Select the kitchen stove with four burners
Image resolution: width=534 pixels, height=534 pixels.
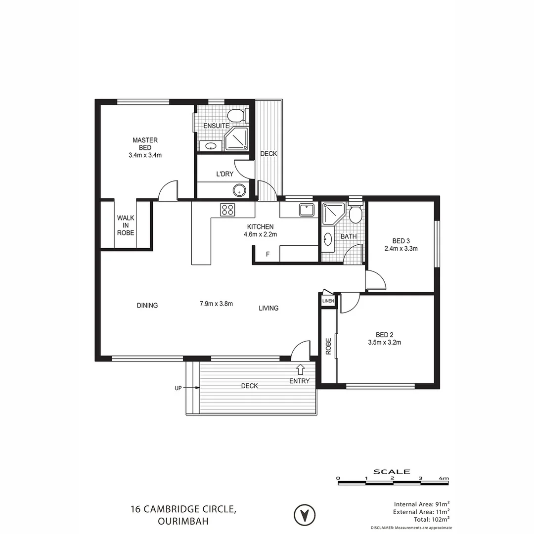(x=227, y=210)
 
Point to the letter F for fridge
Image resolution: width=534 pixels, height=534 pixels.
(x=267, y=255)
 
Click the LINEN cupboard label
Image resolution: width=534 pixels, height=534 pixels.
(x=328, y=301)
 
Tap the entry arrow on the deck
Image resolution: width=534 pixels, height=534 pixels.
(x=300, y=369)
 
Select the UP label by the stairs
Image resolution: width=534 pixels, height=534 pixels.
(x=178, y=389)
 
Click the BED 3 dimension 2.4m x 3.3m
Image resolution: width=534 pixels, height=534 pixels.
(x=401, y=249)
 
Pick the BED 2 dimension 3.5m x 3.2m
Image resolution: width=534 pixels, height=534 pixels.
(x=384, y=342)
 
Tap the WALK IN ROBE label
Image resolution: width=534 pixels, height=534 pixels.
(x=126, y=225)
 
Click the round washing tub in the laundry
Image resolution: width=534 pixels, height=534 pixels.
(x=239, y=190)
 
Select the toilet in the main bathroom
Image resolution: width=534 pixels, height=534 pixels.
(x=355, y=214)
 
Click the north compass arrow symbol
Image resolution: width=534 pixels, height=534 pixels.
(x=305, y=515)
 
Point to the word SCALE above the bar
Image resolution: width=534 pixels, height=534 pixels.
(x=392, y=472)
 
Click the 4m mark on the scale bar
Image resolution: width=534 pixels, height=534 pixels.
(x=444, y=478)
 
